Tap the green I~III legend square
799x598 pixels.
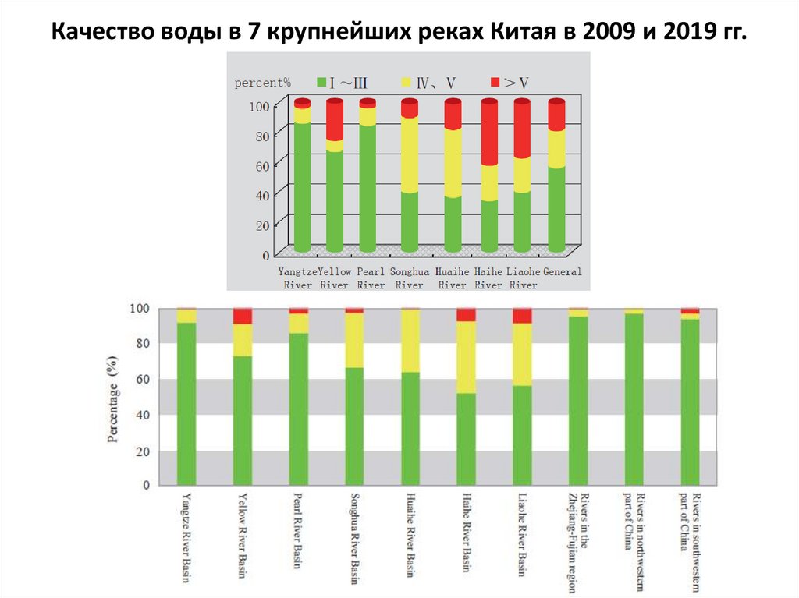tap(321, 81)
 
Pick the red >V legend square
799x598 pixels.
tap(494, 81)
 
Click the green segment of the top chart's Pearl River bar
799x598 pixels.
tap(368, 187)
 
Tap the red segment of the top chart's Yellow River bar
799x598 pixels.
tap(335, 121)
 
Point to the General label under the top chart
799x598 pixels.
tap(563, 272)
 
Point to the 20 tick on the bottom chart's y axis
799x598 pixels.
tap(140, 451)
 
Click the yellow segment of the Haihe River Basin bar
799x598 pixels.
tap(466, 356)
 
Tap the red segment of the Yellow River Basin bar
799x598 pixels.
tap(243, 316)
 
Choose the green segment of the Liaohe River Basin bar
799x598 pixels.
tap(522, 434)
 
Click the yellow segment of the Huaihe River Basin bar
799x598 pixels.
tap(410, 341)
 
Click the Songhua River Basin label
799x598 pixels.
tap(354, 537)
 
